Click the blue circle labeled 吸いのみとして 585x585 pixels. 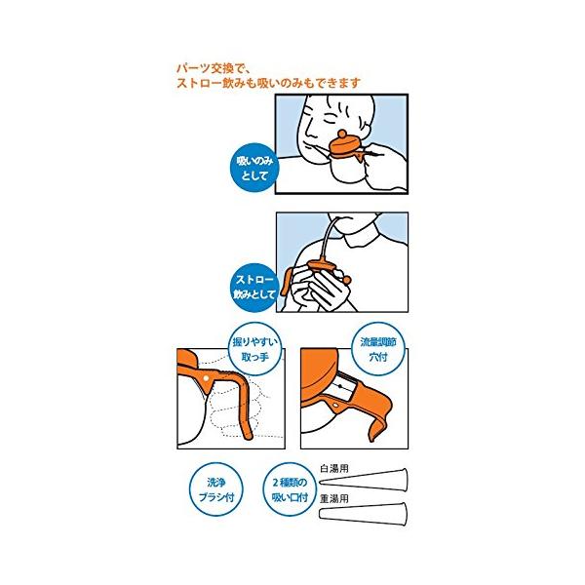tap(254, 168)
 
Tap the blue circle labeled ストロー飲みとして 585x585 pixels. tap(254, 287)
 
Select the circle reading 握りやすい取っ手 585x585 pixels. tap(255, 349)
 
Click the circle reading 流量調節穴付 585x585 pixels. tap(378, 349)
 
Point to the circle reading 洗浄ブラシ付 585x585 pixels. tap(216, 489)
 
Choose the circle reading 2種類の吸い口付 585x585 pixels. tap(290, 489)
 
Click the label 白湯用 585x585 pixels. tap(334, 469)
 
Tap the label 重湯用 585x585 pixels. tap(334, 498)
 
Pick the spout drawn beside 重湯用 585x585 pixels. tap(363, 514)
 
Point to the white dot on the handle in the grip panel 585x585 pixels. tap(207, 378)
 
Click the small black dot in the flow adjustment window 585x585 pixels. tap(340, 386)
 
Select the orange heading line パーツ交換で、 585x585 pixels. tap(215, 69)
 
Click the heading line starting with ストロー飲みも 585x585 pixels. tap(269, 83)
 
